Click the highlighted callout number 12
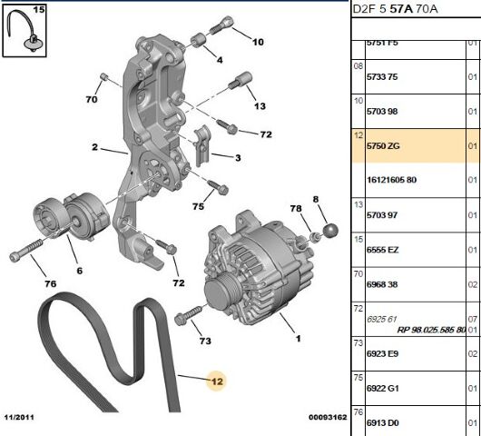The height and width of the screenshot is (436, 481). [x=216, y=381]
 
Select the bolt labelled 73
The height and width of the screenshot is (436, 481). [x=183, y=318]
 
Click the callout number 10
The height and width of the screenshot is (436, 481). [x=258, y=42]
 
